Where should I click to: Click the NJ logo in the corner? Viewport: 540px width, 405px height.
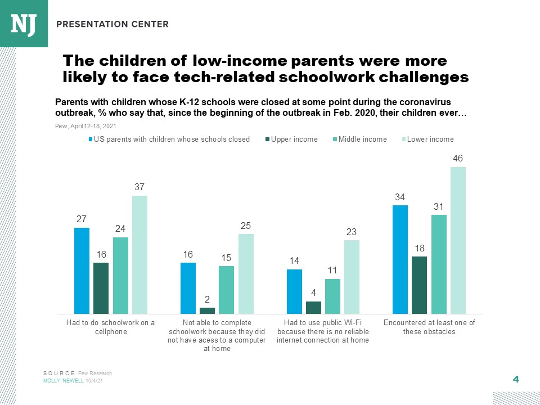(24, 23)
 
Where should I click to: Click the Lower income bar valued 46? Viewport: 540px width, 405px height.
(458, 240)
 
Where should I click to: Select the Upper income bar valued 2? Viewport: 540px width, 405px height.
(207, 310)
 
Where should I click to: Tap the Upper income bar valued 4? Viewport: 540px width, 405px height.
(313, 308)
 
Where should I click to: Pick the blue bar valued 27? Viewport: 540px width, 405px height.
(82, 271)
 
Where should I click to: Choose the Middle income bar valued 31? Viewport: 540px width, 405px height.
(439, 264)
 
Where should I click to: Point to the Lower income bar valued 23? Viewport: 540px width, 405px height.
(352, 277)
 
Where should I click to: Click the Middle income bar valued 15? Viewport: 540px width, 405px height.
(226, 290)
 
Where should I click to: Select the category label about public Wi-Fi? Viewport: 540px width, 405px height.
(323, 331)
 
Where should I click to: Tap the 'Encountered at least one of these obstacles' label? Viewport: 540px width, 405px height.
(429, 327)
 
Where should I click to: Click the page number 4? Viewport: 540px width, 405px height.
(515, 379)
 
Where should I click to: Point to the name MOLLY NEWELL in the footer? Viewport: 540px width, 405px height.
(64, 381)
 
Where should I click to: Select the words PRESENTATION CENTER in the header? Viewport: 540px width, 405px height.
(112, 24)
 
